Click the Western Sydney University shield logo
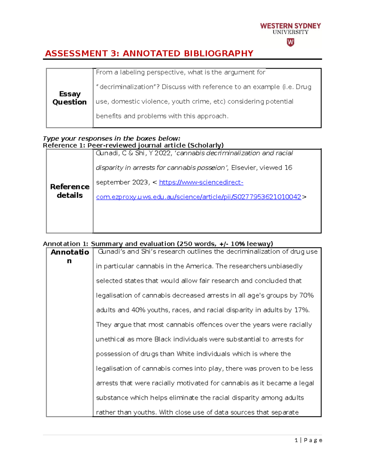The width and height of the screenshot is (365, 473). tap(290, 42)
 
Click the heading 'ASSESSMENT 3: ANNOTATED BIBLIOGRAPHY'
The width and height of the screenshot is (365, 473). tap(149, 54)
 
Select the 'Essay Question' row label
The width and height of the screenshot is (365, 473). tap(70, 98)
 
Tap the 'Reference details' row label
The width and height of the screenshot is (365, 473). tap(70, 191)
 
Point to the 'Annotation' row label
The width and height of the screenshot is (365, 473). tap(70, 256)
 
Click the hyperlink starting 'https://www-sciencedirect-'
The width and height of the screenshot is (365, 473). tap(201, 182)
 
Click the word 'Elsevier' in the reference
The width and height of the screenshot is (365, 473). tap(244, 168)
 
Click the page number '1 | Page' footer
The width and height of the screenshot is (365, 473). tap(308, 440)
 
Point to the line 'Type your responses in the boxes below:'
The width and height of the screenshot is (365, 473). tap(111, 139)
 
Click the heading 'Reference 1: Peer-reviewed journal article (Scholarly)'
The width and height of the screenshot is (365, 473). tap(133, 146)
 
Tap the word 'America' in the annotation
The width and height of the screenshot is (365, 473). tap(199, 266)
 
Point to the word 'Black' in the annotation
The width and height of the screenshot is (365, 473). tap(163, 339)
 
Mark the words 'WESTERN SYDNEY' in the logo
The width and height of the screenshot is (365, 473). tap(290, 26)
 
